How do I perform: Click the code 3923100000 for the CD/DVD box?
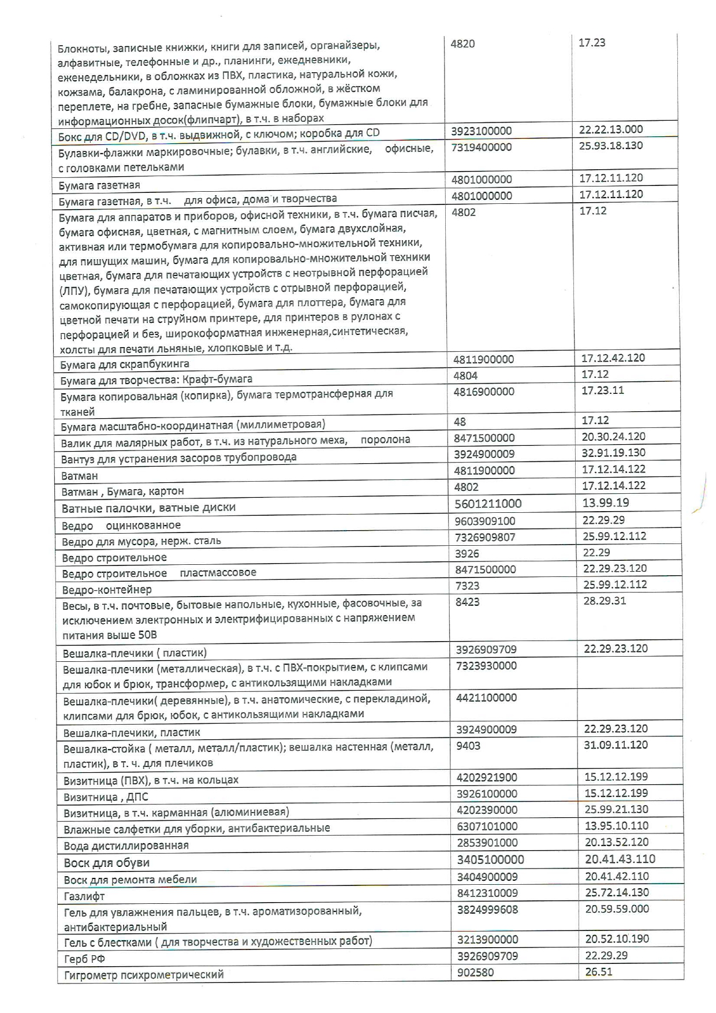[x=481, y=131]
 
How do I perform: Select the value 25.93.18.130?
[x=610, y=146]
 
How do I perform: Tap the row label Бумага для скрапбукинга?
[x=124, y=364]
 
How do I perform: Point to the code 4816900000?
[x=483, y=392]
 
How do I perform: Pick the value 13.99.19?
[x=606, y=502]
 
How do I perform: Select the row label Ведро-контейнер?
[x=107, y=590]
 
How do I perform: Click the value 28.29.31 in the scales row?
[x=605, y=601]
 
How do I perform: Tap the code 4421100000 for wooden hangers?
[x=486, y=698]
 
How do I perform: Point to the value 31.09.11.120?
[x=616, y=744]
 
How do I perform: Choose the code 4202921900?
[x=487, y=777]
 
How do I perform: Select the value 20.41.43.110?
[x=620, y=859]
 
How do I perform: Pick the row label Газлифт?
[x=84, y=896]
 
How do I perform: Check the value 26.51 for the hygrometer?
[x=598, y=972]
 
